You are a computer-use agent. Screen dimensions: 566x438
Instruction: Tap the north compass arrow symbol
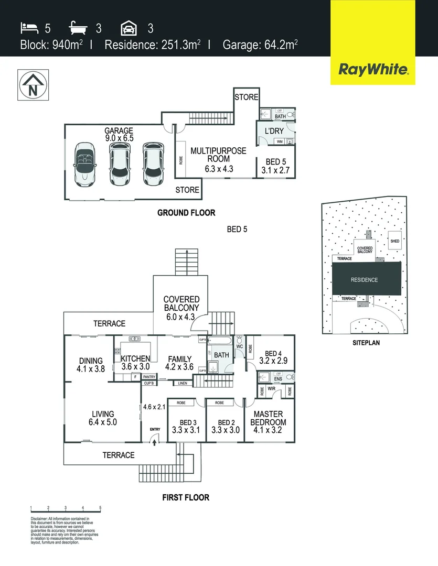pyautogui.click(x=33, y=84)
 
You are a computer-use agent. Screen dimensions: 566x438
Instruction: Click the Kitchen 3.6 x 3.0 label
pyautogui.click(x=136, y=363)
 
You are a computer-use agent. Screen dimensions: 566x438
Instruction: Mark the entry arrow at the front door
pyautogui.click(x=155, y=441)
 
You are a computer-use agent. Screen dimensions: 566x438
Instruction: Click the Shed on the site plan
pyautogui.click(x=394, y=241)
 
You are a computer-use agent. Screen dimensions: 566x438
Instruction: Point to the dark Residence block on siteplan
pyautogui.click(x=364, y=279)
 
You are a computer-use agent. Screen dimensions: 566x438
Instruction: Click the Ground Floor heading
pyautogui.click(x=186, y=213)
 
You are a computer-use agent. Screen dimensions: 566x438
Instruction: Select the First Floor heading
pyautogui.click(x=186, y=497)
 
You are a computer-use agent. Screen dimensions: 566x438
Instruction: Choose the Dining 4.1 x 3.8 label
pyautogui.click(x=92, y=364)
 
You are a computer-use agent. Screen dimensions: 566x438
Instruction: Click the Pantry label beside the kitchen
pyautogui.click(x=149, y=376)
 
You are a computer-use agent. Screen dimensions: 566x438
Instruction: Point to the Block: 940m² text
pyautogui.click(x=51, y=45)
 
